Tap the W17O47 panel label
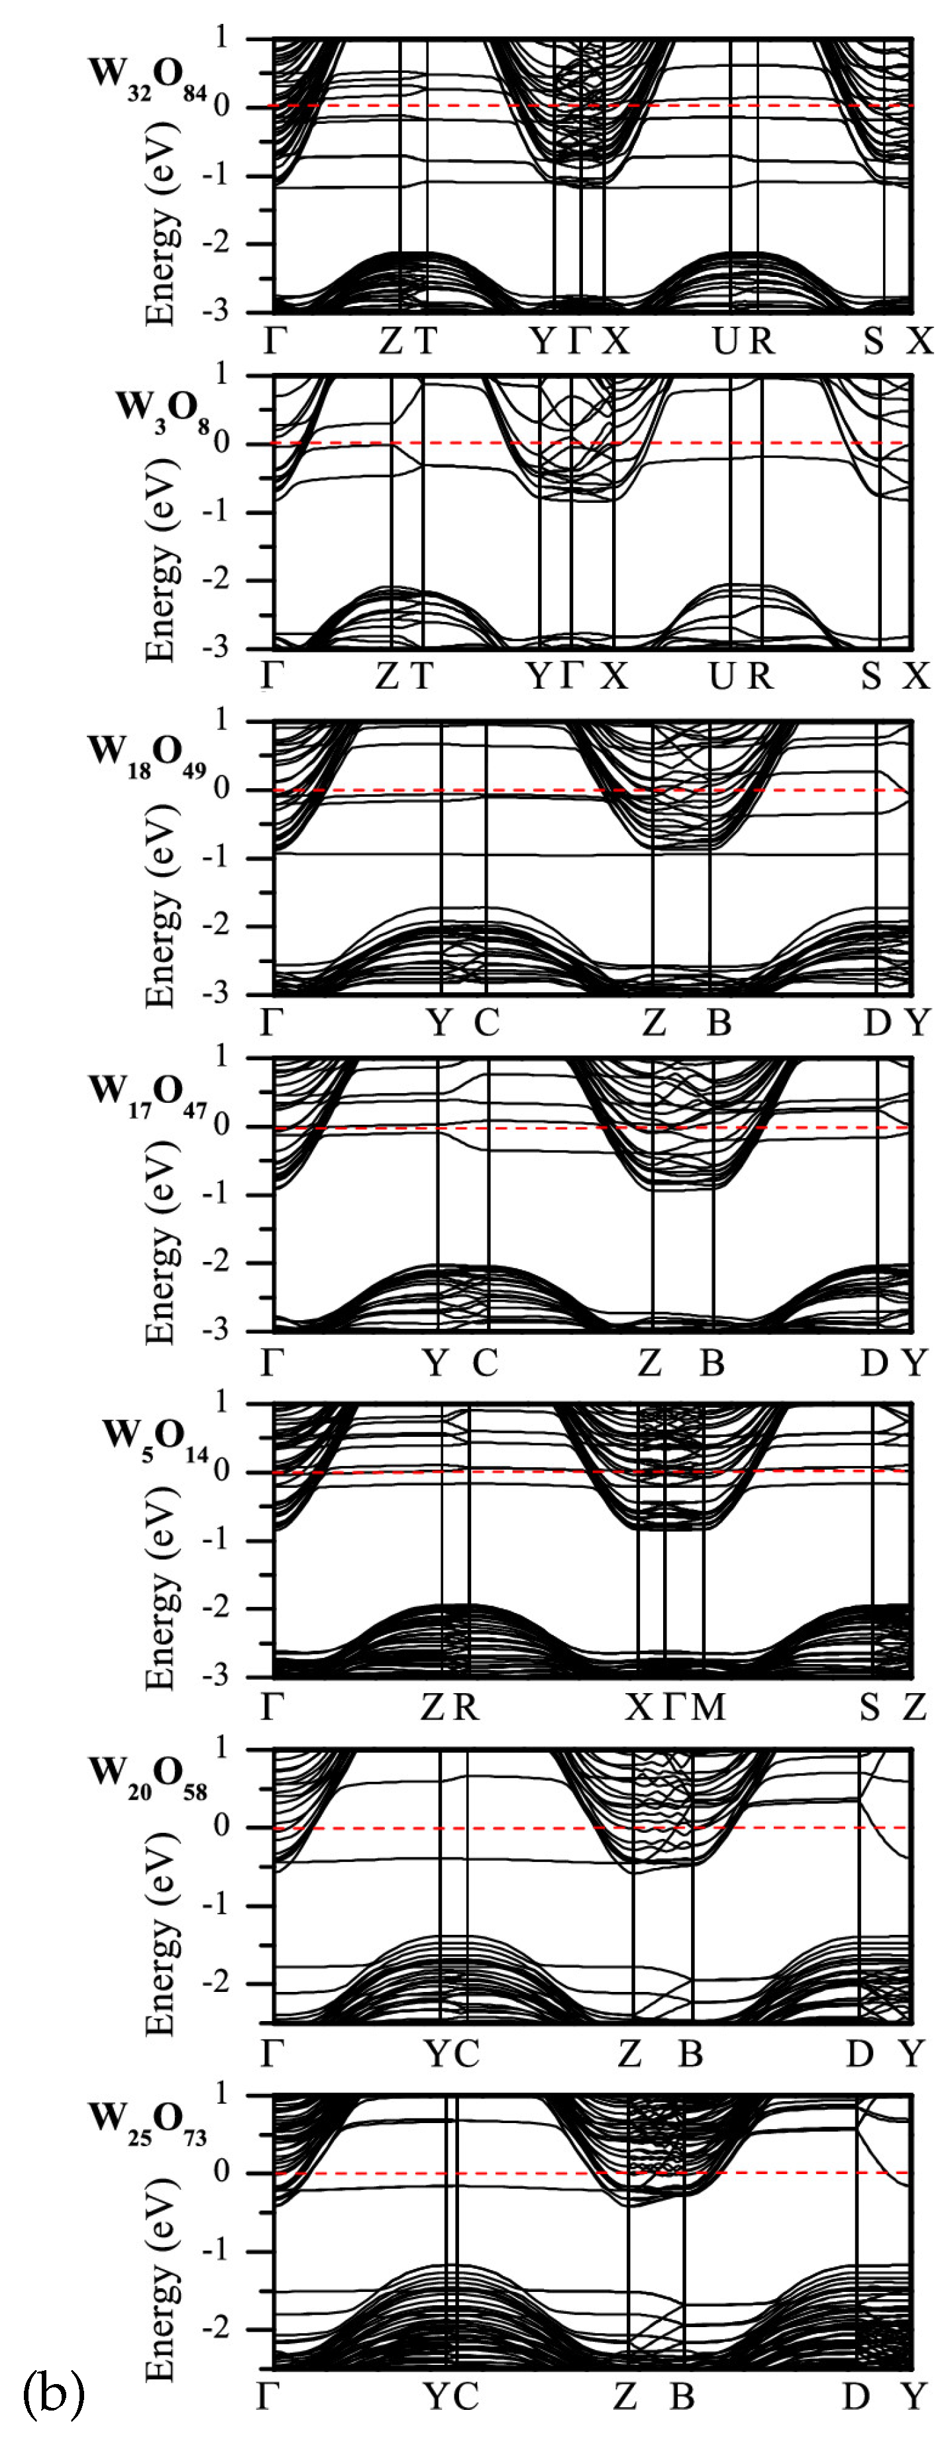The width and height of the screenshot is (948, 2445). click(x=148, y=1094)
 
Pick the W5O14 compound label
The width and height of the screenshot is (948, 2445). click(x=156, y=1439)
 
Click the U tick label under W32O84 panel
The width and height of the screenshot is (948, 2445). click(x=725, y=340)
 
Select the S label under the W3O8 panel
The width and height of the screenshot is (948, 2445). click(x=871, y=676)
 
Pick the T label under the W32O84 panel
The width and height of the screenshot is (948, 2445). click(x=426, y=340)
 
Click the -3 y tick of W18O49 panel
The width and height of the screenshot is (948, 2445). click(x=218, y=993)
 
